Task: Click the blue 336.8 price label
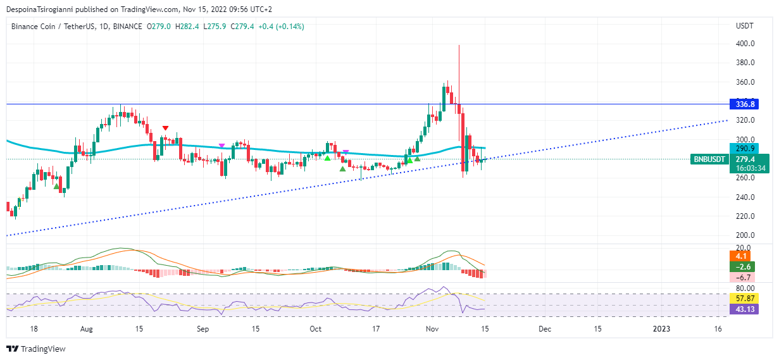coord(742,104)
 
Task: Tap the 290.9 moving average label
coord(742,148)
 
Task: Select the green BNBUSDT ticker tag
coord(708,159)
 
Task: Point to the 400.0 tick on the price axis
coord(744,44)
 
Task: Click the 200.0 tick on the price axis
coord(744,235)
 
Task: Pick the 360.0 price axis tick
coord(744,82)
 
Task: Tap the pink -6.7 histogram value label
coord(742,278)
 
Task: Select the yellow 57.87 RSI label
coord(742,297)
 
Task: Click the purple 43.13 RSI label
coord(742,309)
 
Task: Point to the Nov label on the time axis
coord(433,329)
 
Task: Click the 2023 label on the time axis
coord(661,329)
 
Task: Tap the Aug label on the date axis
coord(87,329)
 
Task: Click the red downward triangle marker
coord(165,128)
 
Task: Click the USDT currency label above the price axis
coord(744,27)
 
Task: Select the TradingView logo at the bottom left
coord(36,349)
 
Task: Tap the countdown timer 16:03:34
coord(749,168)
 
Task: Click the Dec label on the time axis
coord(545,329)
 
